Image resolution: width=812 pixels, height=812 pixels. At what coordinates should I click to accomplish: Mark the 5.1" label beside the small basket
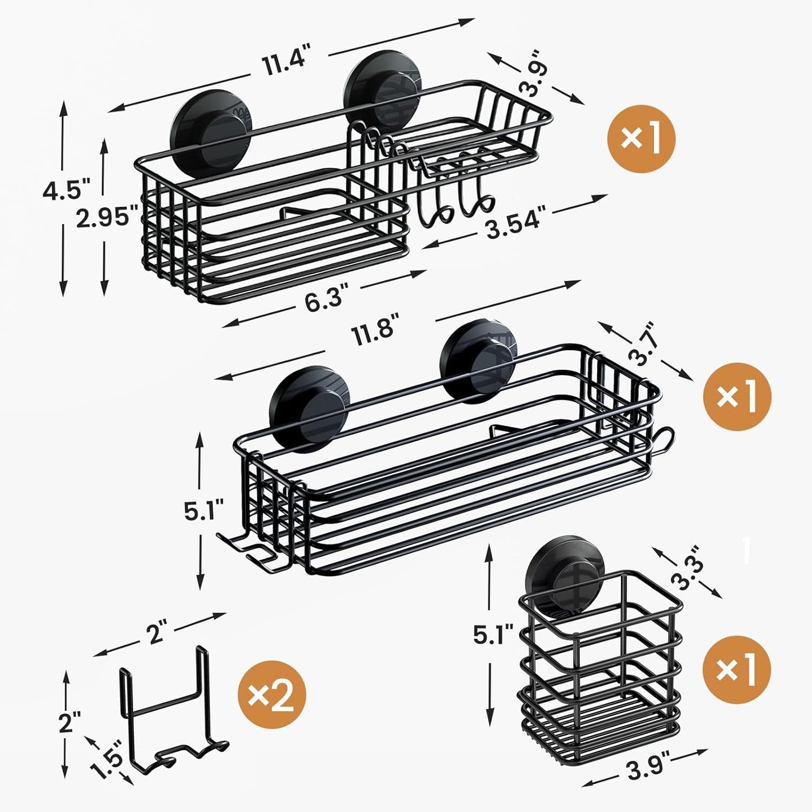[493, 636]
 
